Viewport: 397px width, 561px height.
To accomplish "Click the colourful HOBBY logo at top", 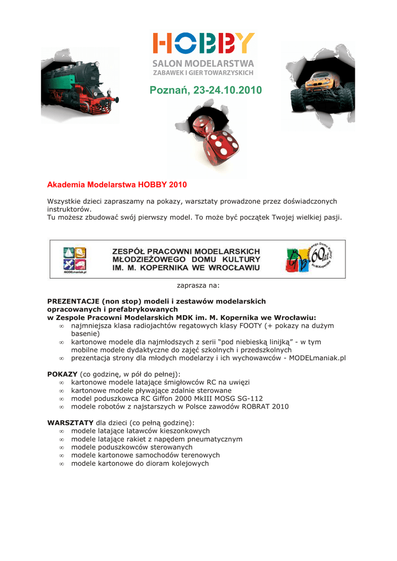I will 203,44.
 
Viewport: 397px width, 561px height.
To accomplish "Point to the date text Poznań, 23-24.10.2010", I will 206,90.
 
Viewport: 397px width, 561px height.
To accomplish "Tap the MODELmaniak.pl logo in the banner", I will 75,259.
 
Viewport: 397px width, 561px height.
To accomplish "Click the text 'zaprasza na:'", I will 198,285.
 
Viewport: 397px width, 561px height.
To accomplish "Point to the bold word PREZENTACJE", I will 73,301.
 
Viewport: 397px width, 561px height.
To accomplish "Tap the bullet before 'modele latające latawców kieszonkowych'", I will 61,431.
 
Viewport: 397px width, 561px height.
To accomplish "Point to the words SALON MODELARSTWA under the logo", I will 203,64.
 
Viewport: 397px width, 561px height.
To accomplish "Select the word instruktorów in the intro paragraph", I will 69,209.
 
